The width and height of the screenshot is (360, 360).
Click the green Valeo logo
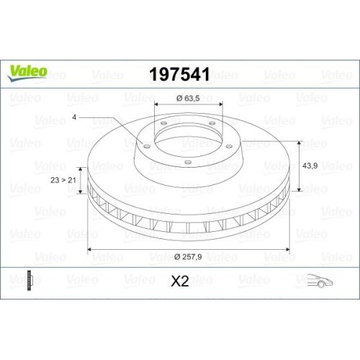point(28,71)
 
